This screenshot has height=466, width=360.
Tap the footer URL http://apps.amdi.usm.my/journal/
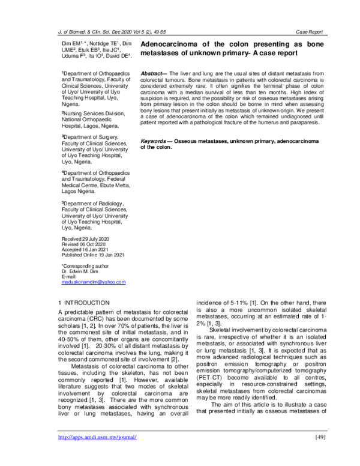pyautogui.click(x=97, y=453)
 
